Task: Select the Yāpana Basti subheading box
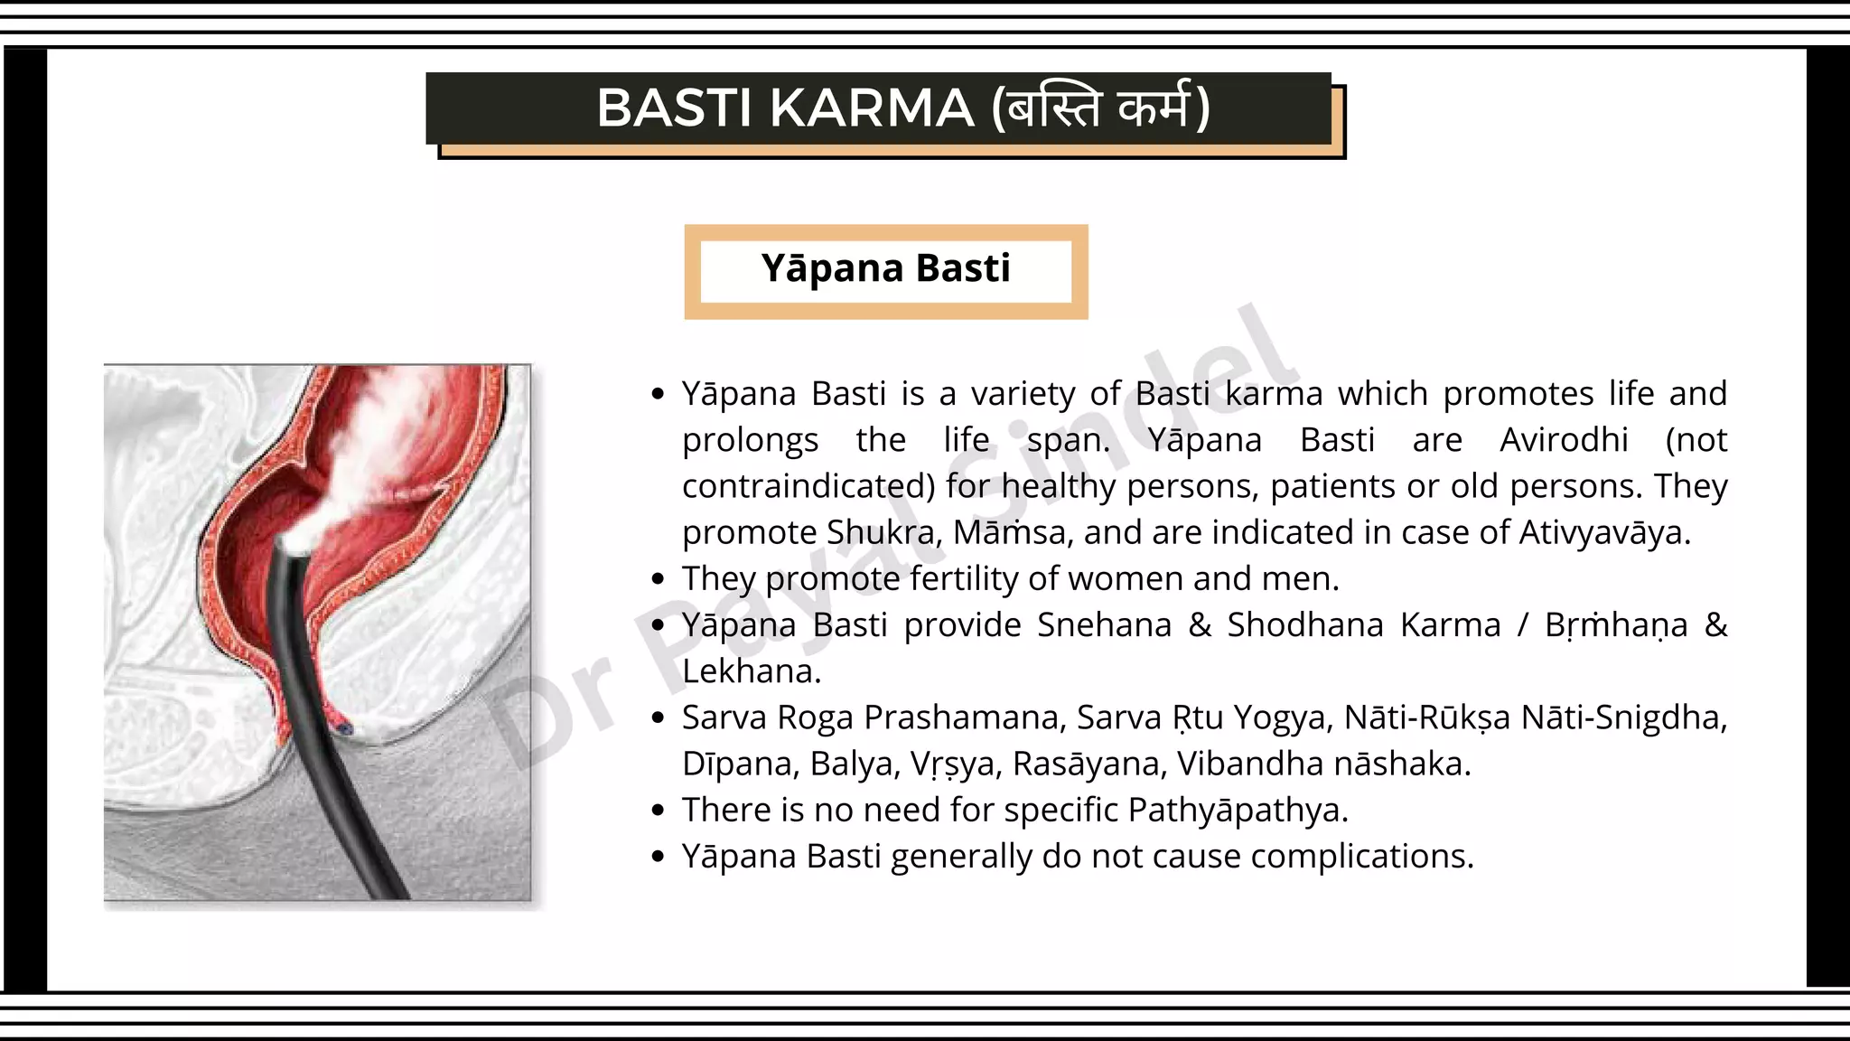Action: pos(885,270)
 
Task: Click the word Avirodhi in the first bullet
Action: pos(1564,440)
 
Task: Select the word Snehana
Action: pos(1104,625)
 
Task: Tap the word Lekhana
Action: pos(750,671)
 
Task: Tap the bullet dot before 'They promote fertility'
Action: pos(658,579)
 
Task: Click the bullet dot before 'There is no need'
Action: pos(658,811)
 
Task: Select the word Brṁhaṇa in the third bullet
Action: pos(1615,625)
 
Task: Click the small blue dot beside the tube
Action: pos(344,727)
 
